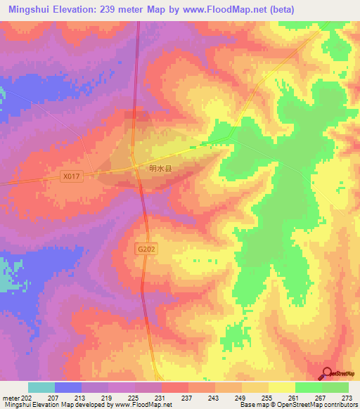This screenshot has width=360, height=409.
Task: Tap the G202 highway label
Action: click(146, 249)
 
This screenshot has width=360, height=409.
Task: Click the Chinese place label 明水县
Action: click(161, 169)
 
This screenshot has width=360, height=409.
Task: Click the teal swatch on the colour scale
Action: click(41, 387)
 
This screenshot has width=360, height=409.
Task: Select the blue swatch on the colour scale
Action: click(67, 387)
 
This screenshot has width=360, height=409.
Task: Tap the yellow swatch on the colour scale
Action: click(281, 387)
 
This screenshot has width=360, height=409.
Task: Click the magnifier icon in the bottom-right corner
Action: click(327, 372)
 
